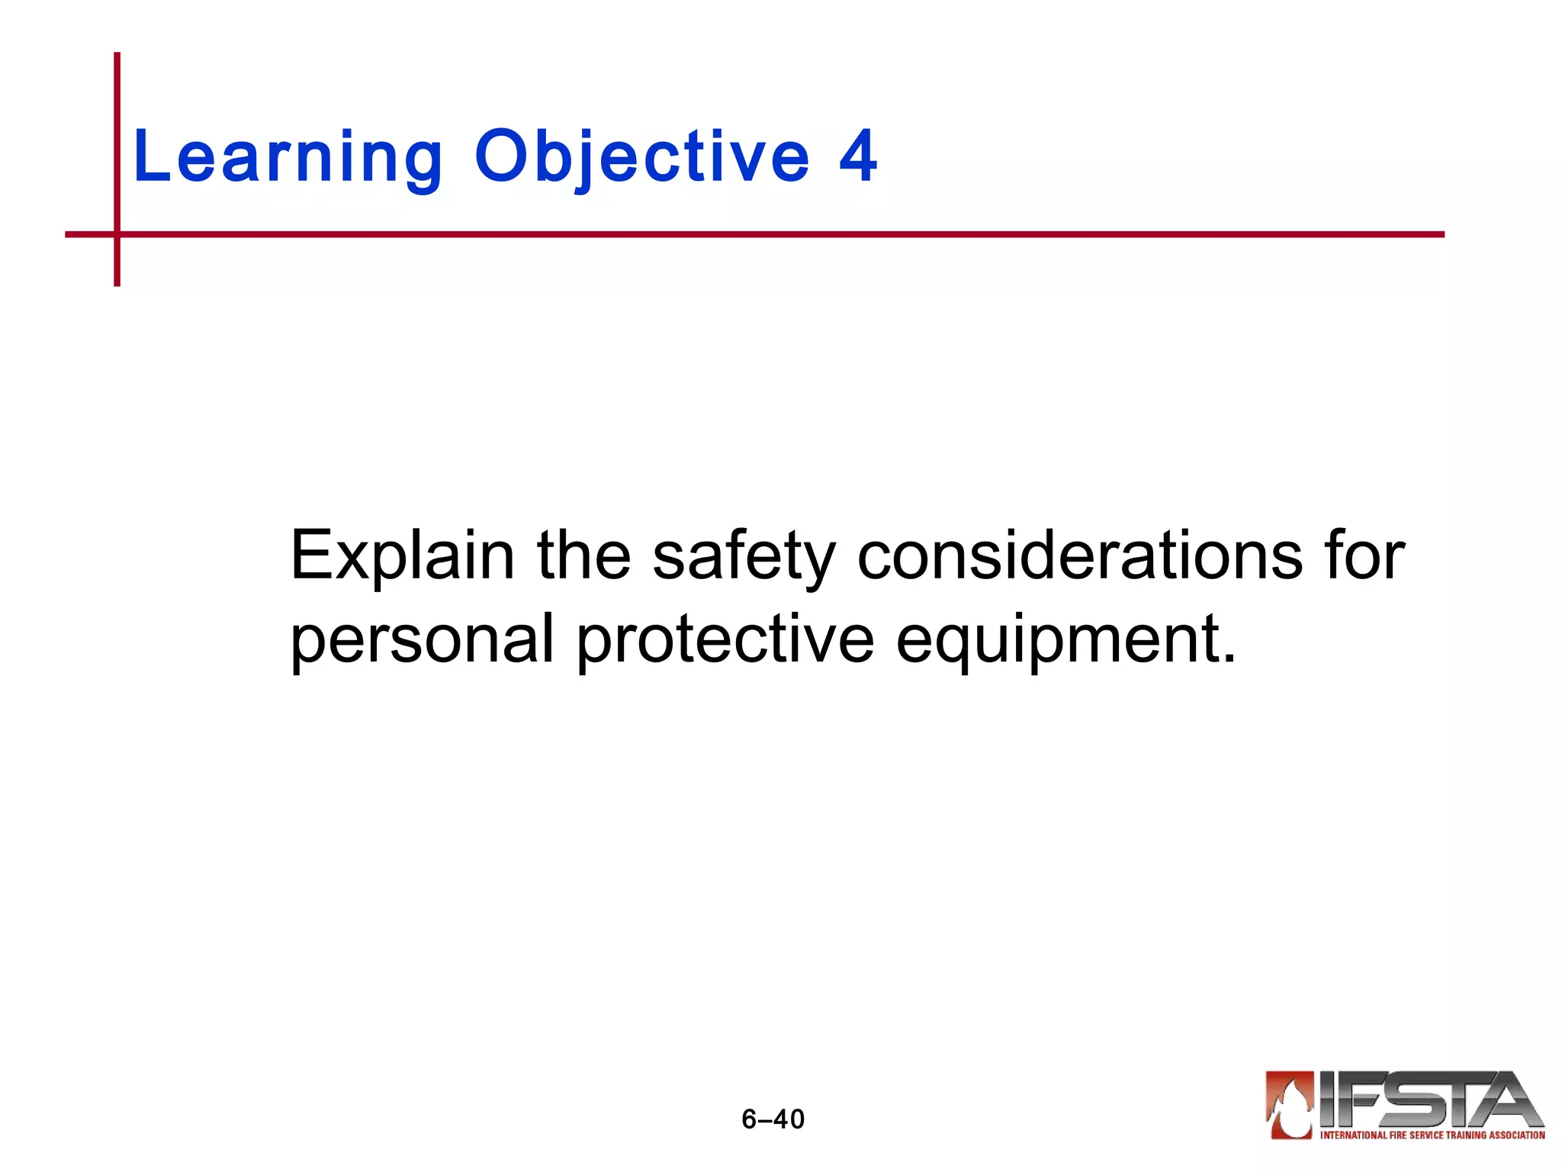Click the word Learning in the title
click(288, 156)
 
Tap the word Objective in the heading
click(641, 156)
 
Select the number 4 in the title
click(858, 156)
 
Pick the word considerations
click(1080, 555)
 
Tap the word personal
click(422, 639)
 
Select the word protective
click(725, 639)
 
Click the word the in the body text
click(583, 555)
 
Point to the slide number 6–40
click(773, 1119)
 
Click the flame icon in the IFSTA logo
click(1290, 1104)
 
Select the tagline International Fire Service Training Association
click(1432, 1135)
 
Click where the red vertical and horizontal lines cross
click(117, 234)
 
